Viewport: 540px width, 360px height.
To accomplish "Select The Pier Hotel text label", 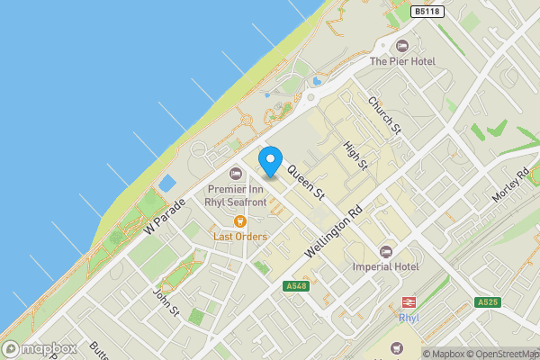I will [x=402, y=61].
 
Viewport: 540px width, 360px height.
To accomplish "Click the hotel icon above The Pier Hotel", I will [x=402, y=46].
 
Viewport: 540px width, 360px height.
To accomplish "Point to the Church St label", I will [x=384, y=116].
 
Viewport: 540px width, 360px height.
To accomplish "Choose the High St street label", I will [x=356, y=155].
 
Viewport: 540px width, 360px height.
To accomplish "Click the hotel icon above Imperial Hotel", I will [x=387, y=252].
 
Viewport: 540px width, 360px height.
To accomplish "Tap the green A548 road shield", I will [x=295, y=286].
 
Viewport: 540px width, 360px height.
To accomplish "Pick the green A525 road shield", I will [x=487, y=302].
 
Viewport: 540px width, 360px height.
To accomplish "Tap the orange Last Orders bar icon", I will [x=239, y=221].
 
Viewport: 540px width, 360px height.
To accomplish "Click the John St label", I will [x=166, y=301].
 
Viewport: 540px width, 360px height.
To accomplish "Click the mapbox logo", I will [x=40, y=348].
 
